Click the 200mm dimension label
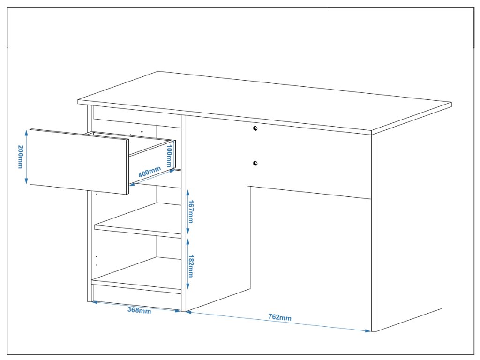(x=21, y=157)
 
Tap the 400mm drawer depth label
(x=150, y=172)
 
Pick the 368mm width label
(x=139, y=310)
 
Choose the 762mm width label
(x=280, y=317)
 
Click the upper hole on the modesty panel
(x=255, y=127)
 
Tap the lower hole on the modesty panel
(x=255, y=163)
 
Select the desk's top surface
(x=262, y=101)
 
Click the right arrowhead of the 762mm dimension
(x=369, y=331)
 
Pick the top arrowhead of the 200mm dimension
(x=27, y=132)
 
